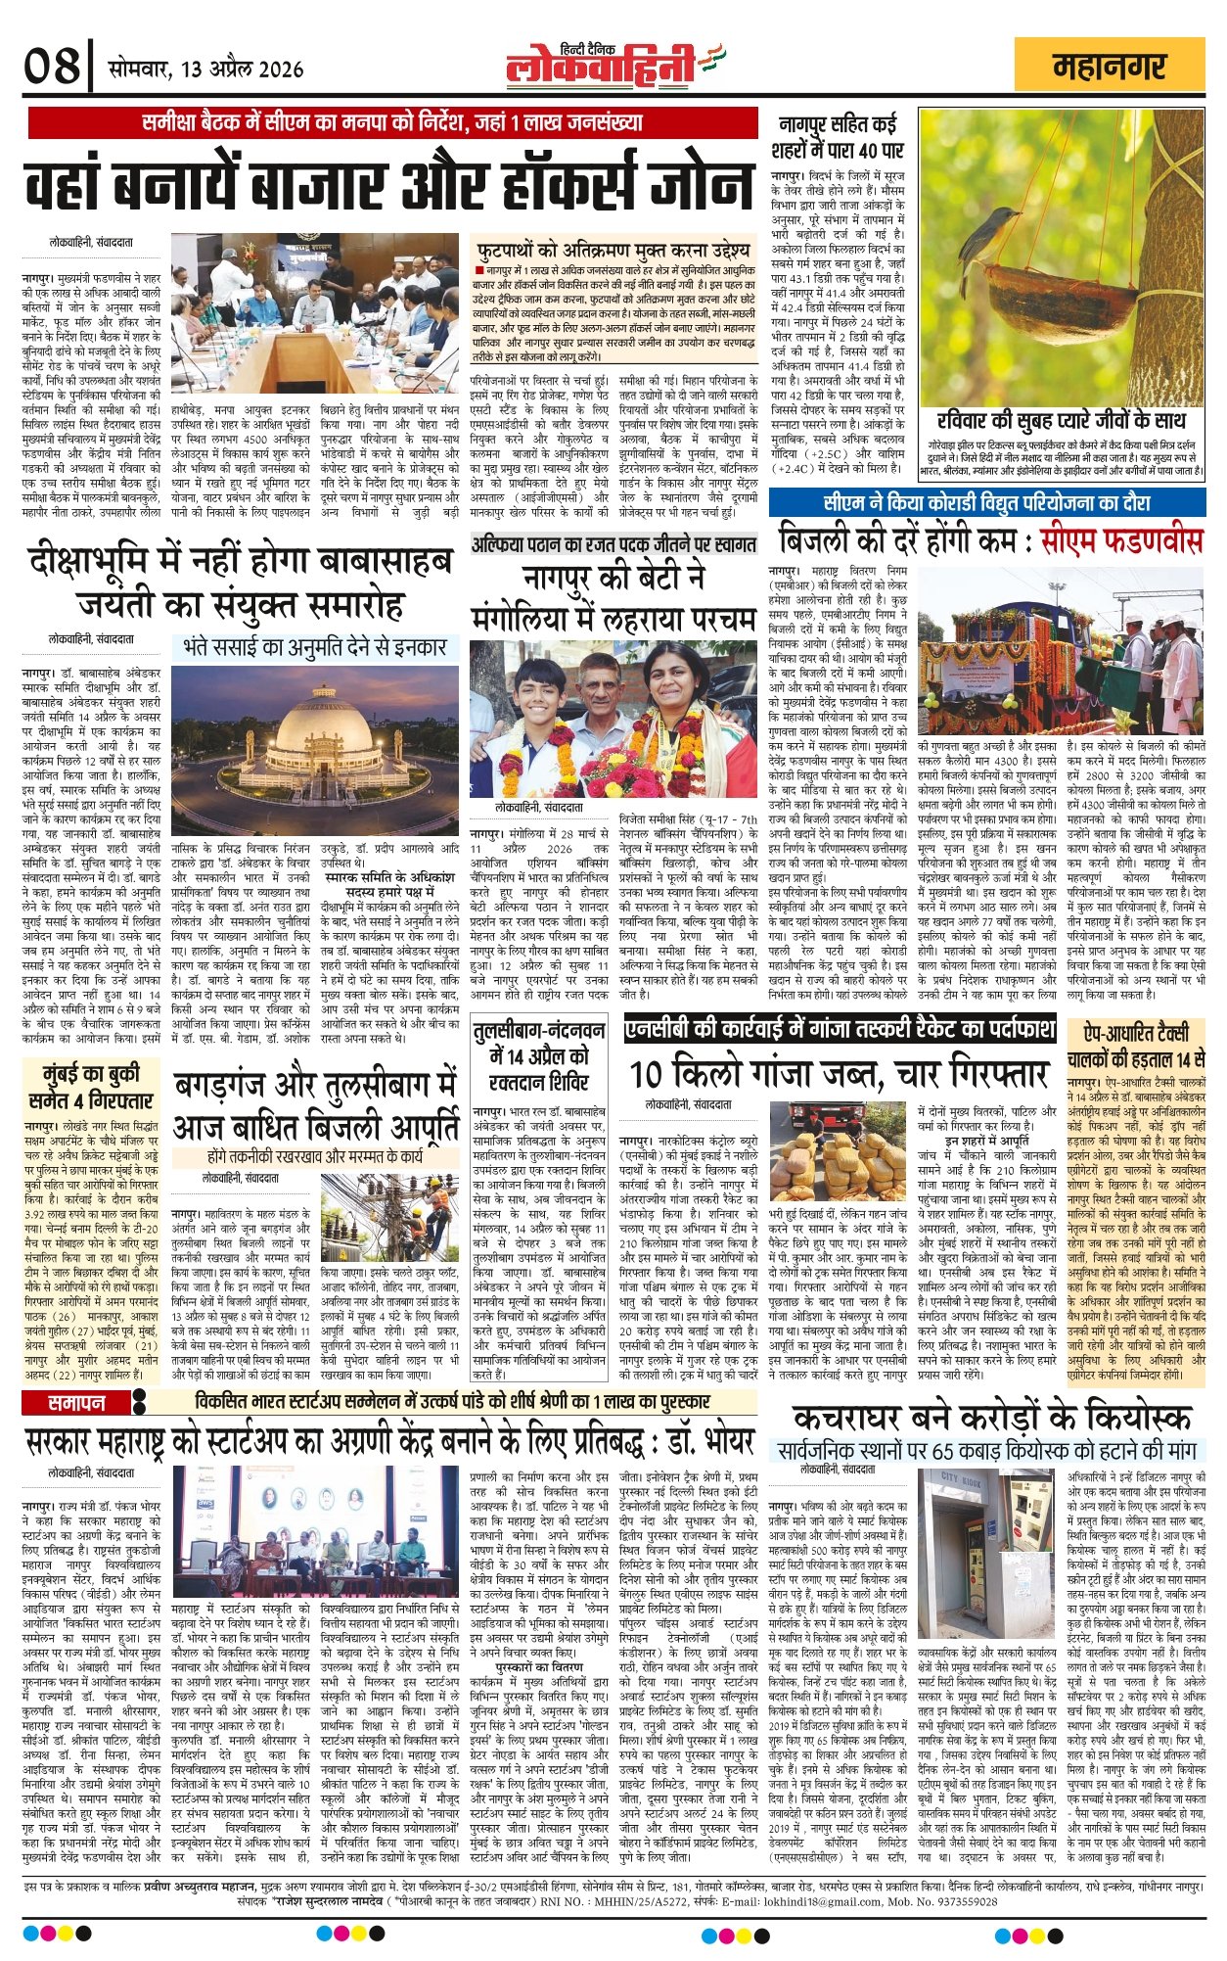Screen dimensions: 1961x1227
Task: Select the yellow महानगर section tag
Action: point(1110,68)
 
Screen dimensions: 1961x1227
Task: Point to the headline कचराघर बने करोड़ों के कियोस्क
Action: point(992,1418)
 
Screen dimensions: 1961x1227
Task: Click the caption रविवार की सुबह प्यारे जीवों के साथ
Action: point(1061,422)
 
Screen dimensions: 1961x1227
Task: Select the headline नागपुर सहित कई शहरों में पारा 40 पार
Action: point(840,137)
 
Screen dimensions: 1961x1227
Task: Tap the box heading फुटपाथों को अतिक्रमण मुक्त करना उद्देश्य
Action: point(613,249)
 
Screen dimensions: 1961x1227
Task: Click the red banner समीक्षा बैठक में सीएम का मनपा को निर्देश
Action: point(391,123)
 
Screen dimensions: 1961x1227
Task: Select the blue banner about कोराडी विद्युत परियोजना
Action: point(985,503)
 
